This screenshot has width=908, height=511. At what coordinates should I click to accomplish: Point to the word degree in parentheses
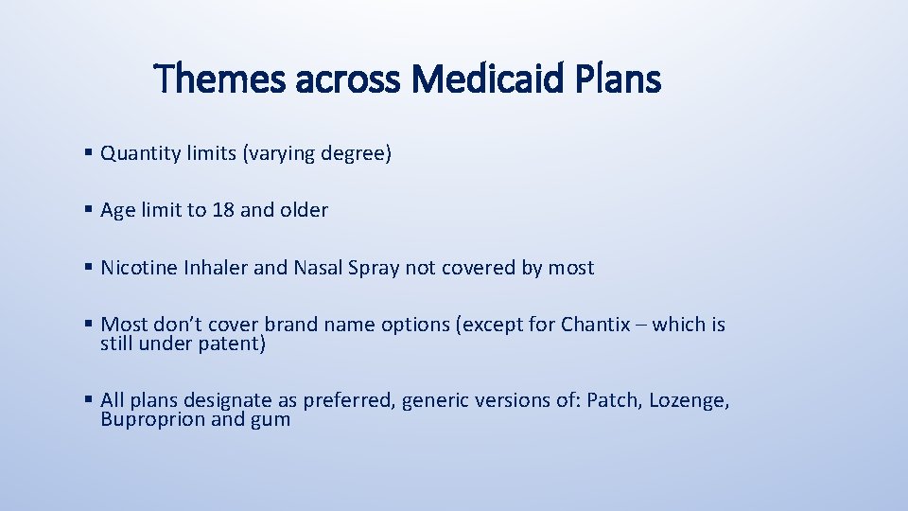(x=357, y=153)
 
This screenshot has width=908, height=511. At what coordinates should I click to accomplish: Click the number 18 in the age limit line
(x=223, y=210)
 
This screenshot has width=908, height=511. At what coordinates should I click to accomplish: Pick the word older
(x=303, y=210)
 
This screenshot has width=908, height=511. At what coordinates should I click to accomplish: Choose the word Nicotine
(x=136, y=268)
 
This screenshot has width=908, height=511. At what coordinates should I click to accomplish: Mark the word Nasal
(x=319, y=268)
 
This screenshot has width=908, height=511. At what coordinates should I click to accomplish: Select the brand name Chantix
(x=595, y=325)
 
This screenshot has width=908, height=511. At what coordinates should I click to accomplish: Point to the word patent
(x=232, y=344)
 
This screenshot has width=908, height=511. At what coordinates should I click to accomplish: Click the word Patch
(x=613, y=400)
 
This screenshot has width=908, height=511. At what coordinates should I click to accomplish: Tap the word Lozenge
(x=689, y=401)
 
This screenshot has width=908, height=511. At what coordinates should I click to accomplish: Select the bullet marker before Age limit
(x=87, y=210)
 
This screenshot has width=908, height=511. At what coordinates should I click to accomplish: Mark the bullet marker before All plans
(x=87, y=400)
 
